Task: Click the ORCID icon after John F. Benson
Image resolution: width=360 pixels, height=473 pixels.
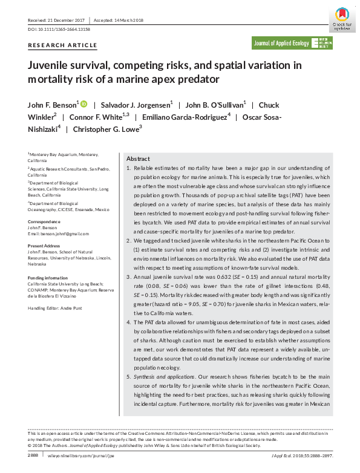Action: tap(83, 103)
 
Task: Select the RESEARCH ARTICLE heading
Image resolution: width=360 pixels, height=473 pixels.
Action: tap(62, 45)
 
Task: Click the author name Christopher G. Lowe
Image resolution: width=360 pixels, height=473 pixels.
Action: tap(106, 129)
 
